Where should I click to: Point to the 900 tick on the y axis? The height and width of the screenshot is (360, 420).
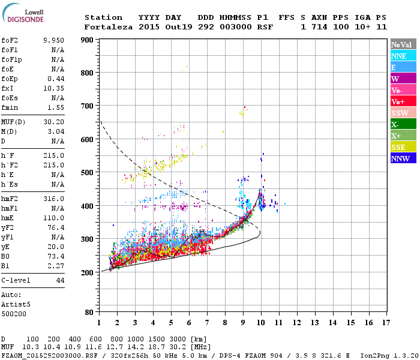tap(87, 40)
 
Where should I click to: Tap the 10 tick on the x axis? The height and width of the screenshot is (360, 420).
tap(260, 322)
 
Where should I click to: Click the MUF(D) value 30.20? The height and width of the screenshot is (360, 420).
tap(53, 122)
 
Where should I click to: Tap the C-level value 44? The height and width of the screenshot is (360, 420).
tap(60, 280)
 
